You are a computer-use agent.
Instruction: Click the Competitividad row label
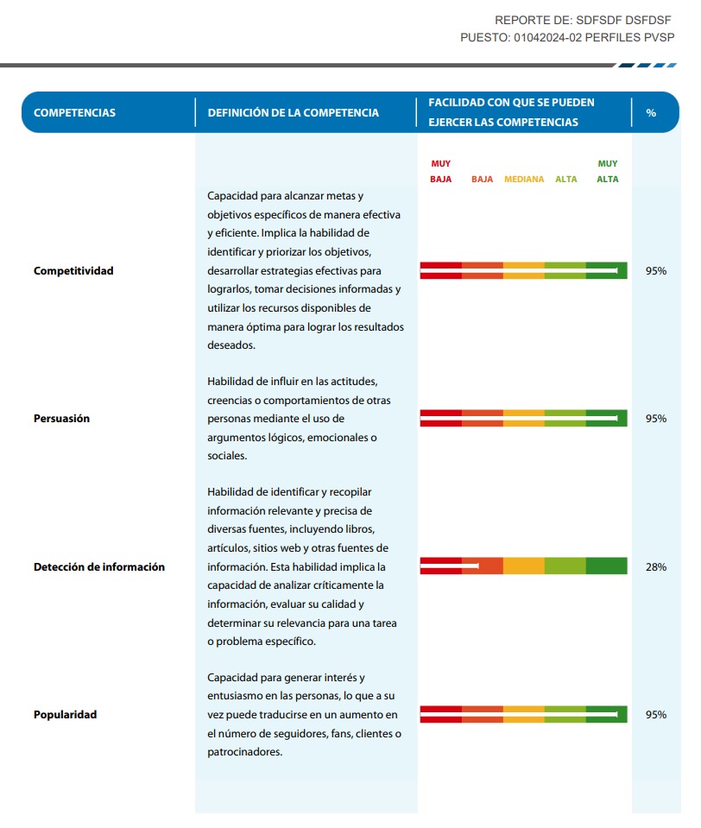pos(73,271)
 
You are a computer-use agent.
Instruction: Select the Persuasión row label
pos(61,419)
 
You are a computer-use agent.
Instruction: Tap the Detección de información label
pos(99,567)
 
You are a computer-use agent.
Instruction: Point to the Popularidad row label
pos(65,715)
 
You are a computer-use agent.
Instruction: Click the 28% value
pos(656,567)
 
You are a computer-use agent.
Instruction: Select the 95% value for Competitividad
pos(656,271)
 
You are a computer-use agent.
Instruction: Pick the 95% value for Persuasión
pos(656,419)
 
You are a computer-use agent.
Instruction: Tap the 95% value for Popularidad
pos(656,715)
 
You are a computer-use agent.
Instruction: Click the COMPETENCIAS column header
pos(74,113)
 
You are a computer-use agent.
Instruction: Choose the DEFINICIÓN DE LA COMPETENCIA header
pos(294,113)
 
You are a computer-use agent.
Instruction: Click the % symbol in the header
pos(651,113)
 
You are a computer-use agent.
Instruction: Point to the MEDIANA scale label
pos(524,180)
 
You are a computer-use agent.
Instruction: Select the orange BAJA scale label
pos(483,180)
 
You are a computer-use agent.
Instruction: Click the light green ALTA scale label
pos(566,180)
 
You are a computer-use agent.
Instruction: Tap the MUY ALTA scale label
pos(608,171)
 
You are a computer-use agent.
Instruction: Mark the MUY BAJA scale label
pos(441,171)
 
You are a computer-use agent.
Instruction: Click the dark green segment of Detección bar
pos(607,566)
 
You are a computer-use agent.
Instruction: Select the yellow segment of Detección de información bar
pos(524,566)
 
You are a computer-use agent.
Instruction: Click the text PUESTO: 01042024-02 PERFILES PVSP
pos(567,37)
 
